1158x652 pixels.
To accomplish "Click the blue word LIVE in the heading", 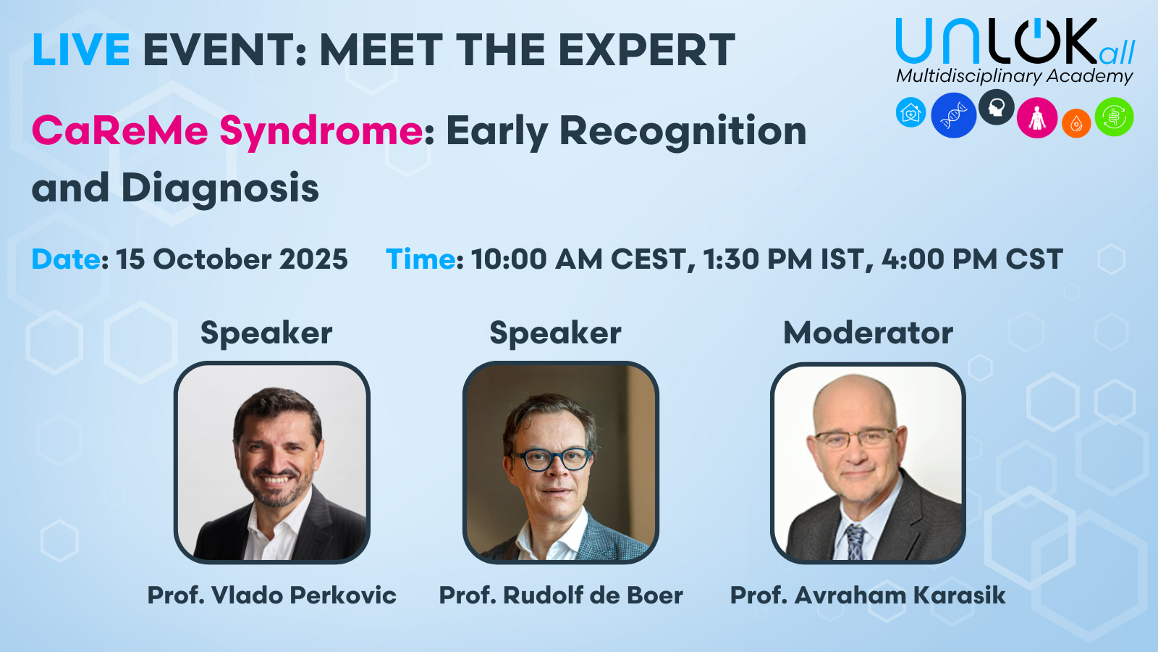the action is pyautogui.click(x=80, y=50).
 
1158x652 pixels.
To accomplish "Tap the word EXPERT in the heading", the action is pyautogui.click(x=647, y=50).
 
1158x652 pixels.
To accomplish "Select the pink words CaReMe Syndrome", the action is pyautogui.click(x=228, y=132).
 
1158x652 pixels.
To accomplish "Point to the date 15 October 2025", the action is pyautogui.click(x=232, y=259).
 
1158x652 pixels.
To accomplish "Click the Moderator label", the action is pyautogui.click(x=868, y=333).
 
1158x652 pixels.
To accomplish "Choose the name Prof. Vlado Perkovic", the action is pyautogui.click(x=272, y=595).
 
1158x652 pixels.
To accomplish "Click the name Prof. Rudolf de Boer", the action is pyautogui.click(x=561, y=595).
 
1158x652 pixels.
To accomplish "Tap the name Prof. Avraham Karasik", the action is pyautogui.click(x=868, y=595).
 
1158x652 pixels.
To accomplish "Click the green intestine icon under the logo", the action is pyautogui.click(x=1114, y=117).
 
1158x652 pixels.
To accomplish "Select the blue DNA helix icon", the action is pyautogui.click(x=953, y=115).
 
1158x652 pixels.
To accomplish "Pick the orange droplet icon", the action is pyautogui.click(x=1076, y=123).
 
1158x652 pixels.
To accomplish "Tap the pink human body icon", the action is pyautogui.click(x=1036, y=117).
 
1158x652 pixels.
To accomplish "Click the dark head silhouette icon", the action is pyautogui.click(x=996, y=107).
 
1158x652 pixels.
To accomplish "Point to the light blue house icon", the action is pyautogui.click(x=911, y=112).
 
